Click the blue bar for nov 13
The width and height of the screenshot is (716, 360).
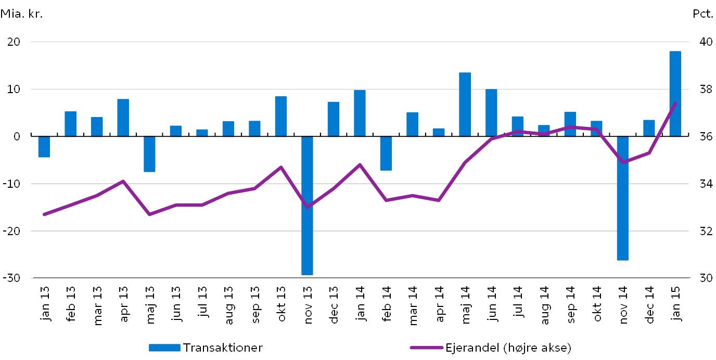[x=307, y=205]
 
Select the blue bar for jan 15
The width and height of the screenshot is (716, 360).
[x=675, y=94]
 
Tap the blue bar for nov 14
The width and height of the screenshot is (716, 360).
[x=622, y=198]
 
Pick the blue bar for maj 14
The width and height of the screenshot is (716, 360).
[x=465, y=105]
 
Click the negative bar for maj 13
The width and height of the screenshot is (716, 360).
[x=149, y=154]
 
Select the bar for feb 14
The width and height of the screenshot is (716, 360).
[x=386, y=153]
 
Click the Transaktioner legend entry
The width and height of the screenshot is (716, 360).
[x=206, y=348]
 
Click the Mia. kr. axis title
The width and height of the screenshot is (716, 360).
[x=22, y=14]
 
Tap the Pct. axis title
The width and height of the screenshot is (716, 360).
[x=702, y=14]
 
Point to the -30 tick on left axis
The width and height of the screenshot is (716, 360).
[x=14, y=278]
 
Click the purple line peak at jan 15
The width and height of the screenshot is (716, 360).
[x=675, y=103]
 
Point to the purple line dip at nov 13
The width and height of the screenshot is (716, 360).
[x=307, y=207]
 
